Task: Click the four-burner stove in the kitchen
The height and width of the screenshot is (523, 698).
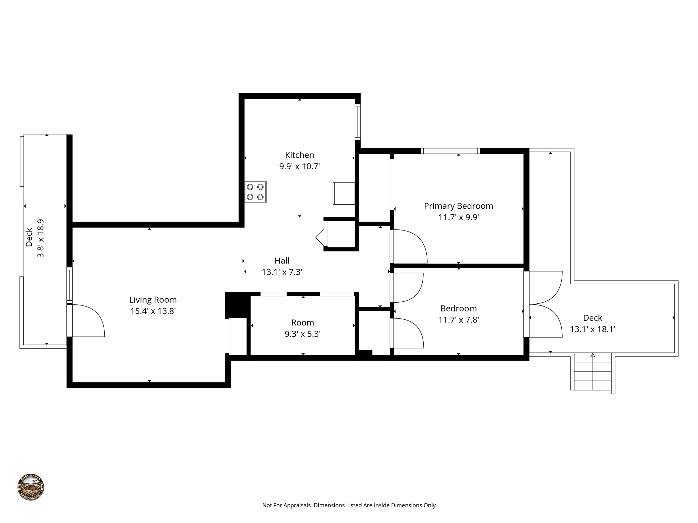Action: pos(255,192)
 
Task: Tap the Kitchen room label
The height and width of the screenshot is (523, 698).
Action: pos(299,155)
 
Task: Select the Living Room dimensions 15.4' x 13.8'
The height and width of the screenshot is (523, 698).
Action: pos(153,311)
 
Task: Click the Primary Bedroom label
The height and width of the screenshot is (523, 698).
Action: pos(458,206)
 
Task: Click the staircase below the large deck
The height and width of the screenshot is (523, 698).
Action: pos(592,371)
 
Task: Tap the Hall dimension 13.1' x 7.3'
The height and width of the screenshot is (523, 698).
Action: pos(282,272)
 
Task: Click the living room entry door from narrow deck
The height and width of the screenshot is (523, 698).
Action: pos(87,320)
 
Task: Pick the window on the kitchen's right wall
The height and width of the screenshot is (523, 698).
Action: pos(358,122)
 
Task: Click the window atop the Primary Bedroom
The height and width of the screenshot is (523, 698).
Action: pos(450,151)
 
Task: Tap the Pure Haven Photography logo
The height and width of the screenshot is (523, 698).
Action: pos(31,487)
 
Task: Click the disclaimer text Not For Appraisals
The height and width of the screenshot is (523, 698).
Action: pos(349,505)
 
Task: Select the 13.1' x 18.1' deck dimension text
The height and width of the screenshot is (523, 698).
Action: pos(592,329)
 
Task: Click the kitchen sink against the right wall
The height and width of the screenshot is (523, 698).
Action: pos(344,193)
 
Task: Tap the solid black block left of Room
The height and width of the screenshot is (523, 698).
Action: pos(237,304)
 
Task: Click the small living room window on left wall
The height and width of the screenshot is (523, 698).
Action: pos(69,285)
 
